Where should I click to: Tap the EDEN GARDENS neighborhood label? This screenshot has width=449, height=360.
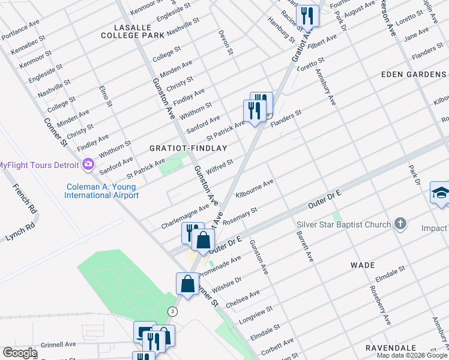click(413, 74)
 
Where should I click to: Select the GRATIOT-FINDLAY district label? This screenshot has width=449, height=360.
click(188, 148)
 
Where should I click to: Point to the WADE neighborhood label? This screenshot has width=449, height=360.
click(363, 265)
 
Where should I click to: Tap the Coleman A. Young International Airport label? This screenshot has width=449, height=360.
click(102, 191)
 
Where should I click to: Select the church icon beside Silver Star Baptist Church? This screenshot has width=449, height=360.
click(400, 224)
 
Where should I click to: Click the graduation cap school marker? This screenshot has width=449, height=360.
click(440, 194)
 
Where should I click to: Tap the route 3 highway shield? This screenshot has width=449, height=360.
click(173, 311)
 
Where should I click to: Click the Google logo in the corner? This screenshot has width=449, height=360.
click(20, 353)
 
